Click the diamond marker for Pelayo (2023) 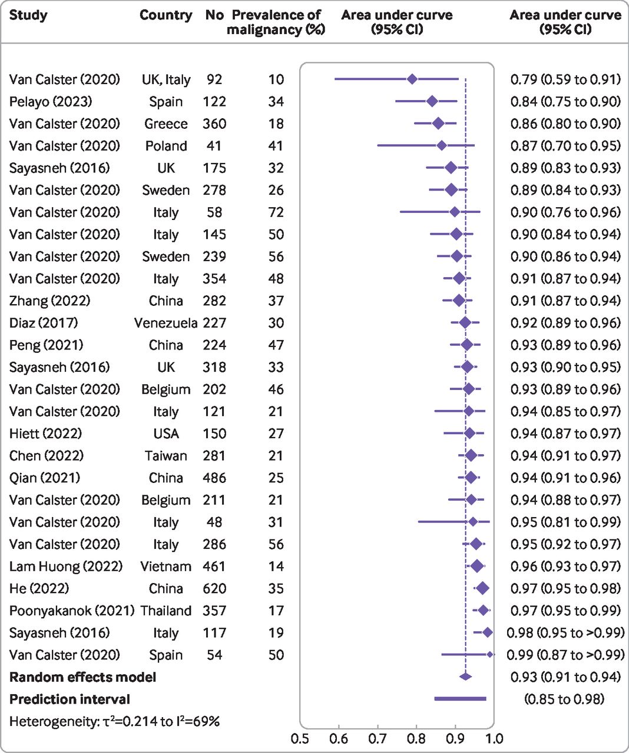coord(432,101)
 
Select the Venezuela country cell coord(165,323)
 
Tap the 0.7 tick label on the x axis coord(378,738)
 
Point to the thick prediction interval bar coord(460,699)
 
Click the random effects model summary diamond coord(466,677)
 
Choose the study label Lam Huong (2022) coord(66,567)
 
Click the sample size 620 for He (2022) coord(214,589)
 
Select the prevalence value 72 coord(276,212)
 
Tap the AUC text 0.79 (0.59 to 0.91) coord(565,79)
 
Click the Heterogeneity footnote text coord(114,721)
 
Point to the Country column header coord(165,15)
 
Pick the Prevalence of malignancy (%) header coord(276,22)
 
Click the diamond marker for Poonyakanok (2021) coord(483,611)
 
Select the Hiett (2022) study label coord(46,434)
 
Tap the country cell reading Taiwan coord(165,456)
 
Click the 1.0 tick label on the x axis coord(494,738)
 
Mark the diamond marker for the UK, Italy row coord(412,79)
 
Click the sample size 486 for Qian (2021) coord(214,478)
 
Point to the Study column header coord(28,15)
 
